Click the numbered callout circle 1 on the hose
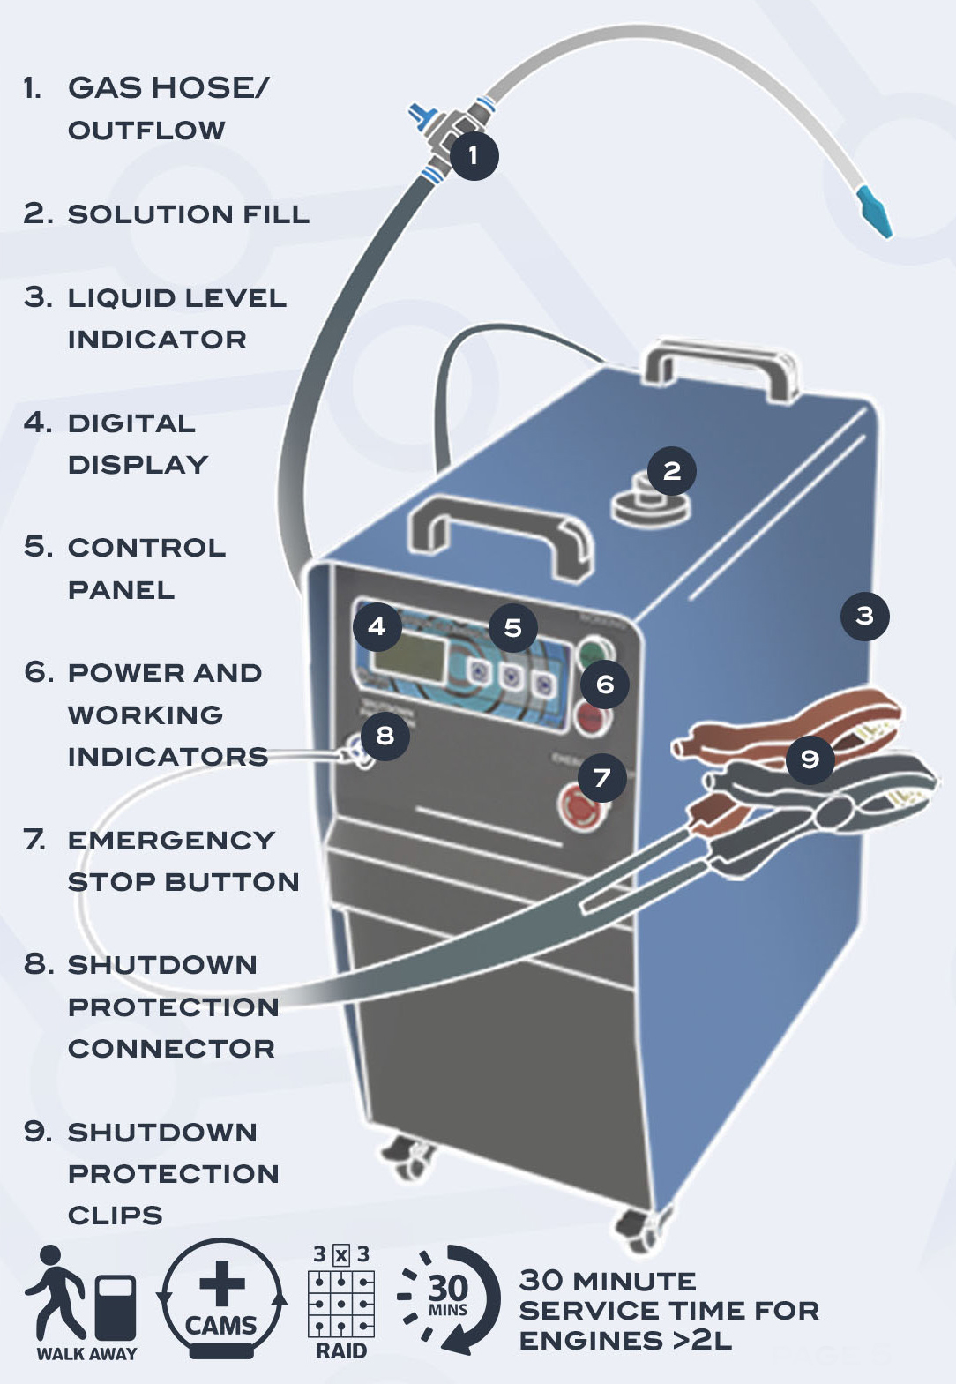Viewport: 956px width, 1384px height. (474, 156)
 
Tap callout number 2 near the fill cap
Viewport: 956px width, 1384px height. (672, 471)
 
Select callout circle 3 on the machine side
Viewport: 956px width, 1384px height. (864, 616)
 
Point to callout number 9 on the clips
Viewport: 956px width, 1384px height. (810, 759)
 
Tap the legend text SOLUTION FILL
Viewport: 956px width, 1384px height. (188, 214)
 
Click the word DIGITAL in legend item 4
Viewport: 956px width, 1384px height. (131, 423)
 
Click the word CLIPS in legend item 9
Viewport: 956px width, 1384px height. (115, 1216)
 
